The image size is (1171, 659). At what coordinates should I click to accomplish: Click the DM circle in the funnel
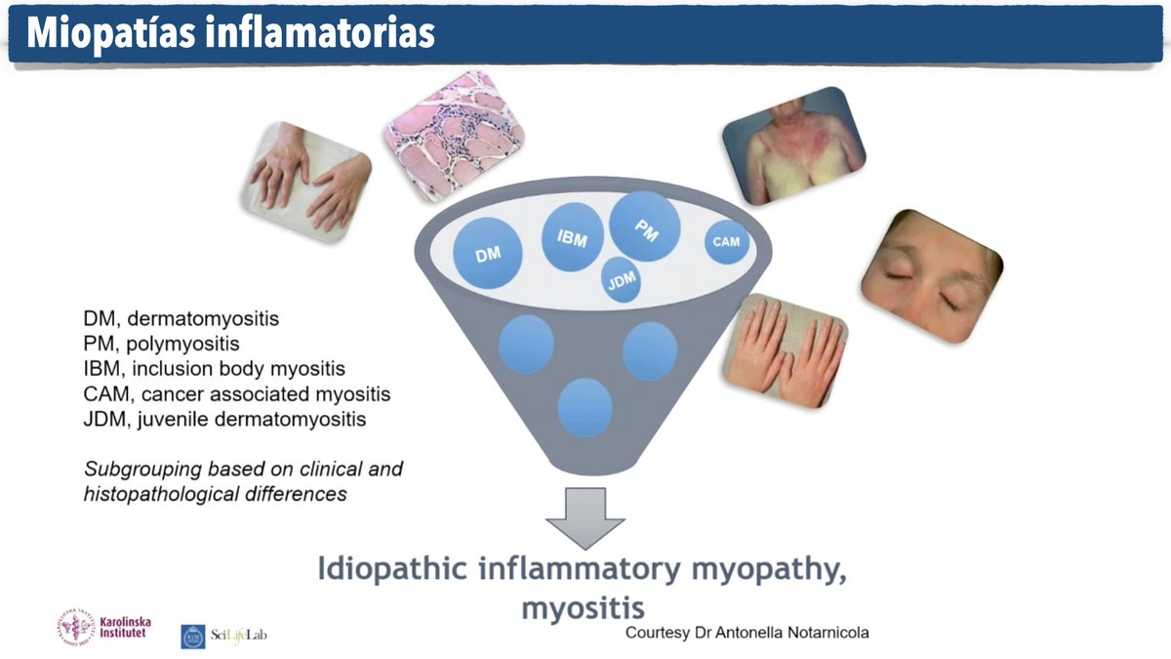pos(488,254)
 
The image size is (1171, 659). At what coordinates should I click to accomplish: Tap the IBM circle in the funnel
pos(573,237)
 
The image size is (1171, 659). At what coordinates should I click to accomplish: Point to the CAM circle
pos(727,242)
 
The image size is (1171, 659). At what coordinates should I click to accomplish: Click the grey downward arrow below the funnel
pos(585,518)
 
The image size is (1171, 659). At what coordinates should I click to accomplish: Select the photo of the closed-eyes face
pos(931,276)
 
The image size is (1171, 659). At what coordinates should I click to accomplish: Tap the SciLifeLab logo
pos(223,636)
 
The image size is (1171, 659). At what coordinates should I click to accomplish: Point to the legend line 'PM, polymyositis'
pos(161,344)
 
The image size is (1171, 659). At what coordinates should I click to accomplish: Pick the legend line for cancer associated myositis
pos(237,394)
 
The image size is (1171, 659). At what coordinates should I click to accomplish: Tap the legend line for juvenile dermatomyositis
pos(224,420)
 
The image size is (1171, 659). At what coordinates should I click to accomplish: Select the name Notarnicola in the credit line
pos(819,633)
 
